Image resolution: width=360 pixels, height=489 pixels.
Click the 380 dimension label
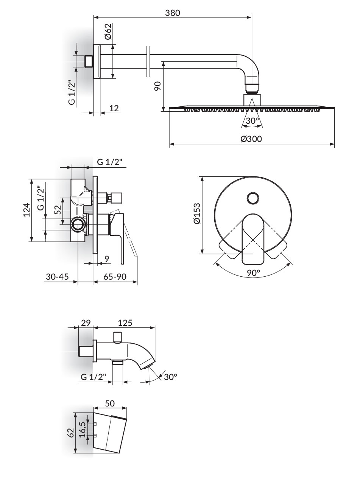[173, 13]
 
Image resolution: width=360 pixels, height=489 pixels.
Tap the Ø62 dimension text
[108, 31]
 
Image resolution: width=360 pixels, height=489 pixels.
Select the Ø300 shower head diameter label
[251, 139]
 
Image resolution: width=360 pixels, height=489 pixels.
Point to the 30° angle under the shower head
[252, 120]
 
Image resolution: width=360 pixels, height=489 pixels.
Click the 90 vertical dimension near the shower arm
[157, 86]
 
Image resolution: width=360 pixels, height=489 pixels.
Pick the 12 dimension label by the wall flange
[114, 108]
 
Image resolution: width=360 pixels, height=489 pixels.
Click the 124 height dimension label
[27, 210]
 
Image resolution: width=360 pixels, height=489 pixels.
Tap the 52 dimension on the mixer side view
[58, 210]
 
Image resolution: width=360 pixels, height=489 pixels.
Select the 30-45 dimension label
[57, 277]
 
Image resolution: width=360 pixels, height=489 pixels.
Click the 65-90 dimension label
[115, 277]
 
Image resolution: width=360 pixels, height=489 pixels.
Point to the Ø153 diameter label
[197, 213]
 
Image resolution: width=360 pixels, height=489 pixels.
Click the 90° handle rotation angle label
[254, 273]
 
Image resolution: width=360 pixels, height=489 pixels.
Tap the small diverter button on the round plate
[253, 198]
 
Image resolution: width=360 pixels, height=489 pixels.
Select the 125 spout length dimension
[125, 322]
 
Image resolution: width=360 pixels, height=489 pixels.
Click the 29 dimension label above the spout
[86, 322]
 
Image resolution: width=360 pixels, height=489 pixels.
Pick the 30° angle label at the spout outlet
[170, 377]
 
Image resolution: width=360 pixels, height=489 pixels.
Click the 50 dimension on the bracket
[110, 403]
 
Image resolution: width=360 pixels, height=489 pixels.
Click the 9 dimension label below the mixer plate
[107, 259]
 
